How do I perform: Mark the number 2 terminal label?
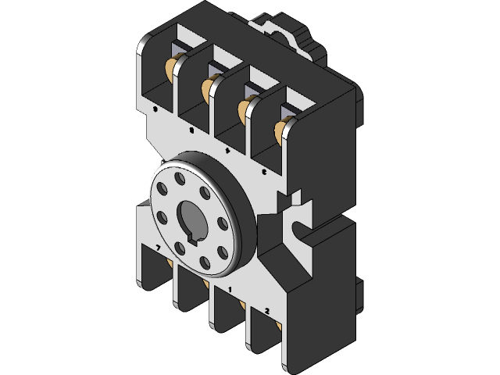(x=267, y=310)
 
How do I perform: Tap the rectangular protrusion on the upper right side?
(x=360, y=102)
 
